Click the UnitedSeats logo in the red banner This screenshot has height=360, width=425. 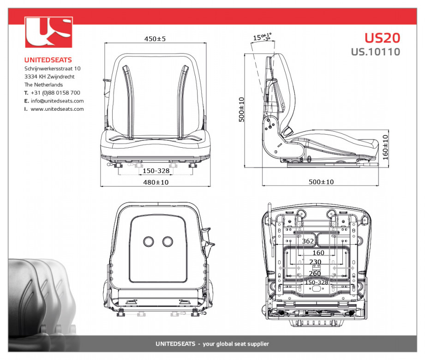(x=48, y=32)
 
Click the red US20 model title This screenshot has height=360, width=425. (x=382, y=38)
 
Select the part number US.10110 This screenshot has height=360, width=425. (x=376, y=52)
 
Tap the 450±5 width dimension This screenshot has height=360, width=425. (x=155, y=39)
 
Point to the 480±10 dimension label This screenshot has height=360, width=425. (x=156, y=182)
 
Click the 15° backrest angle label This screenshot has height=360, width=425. (x=262, y=37)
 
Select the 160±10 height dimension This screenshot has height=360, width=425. (x=385, y=147)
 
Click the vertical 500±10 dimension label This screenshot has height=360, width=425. (x=241, y=109)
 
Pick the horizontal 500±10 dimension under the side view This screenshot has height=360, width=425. (x=321, y=182)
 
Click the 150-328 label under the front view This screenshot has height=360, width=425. (x=156, y=171)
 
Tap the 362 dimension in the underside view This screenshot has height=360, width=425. (x=308, y=241)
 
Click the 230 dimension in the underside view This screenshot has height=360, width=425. (x=315, y=262)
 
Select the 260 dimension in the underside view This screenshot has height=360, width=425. (x=315, y=273)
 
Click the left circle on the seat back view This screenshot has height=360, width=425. (x=148, y=241)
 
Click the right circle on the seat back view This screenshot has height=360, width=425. (x=168, y=241)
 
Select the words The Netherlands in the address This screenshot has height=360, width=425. (x=44, y=84)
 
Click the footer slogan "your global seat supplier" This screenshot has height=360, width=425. (x=236, y=344)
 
